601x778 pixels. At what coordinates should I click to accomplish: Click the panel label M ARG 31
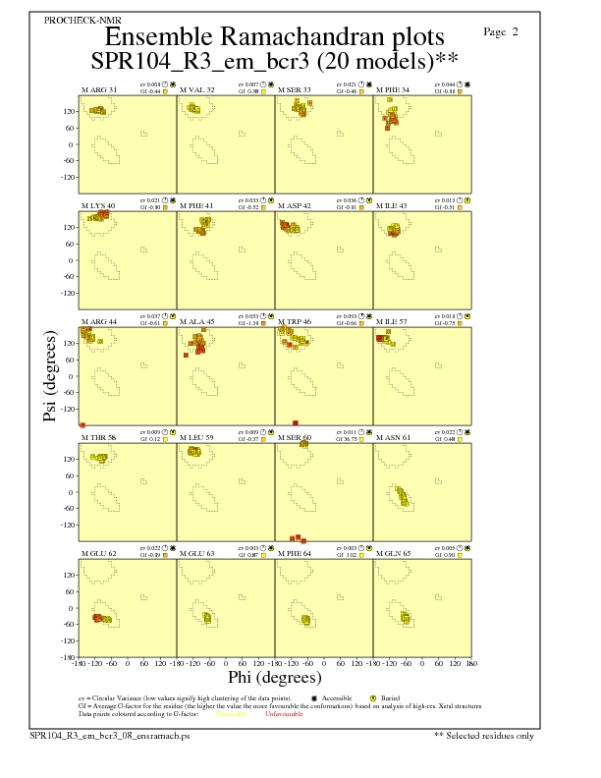tap(98, 89)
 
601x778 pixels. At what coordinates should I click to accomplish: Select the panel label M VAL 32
tap(196, 89)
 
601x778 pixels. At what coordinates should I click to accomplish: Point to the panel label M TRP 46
tap(296, 321)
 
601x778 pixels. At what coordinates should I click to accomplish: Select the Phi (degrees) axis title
tap(274, 677)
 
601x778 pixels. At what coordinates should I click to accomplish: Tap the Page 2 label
tap(501, 31)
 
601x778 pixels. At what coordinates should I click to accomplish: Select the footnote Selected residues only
tap(484, 734)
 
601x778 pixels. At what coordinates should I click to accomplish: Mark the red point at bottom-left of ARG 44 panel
tap(82, 424)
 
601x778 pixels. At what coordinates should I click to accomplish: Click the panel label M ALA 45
tap(197, 321)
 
